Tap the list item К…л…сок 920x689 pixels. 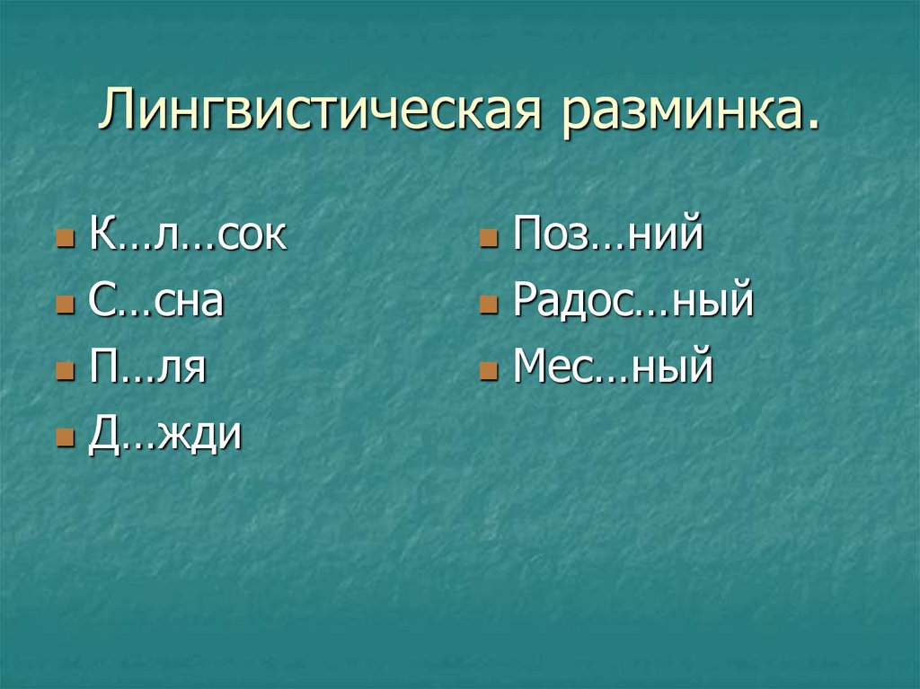tap(188, 235)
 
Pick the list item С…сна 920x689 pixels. tap(155, 302)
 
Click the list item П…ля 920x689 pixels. tap(148, 369)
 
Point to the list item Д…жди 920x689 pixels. tap(164, 436)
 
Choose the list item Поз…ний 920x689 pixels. tap(606, 235)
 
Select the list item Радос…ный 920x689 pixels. tap(632, 302)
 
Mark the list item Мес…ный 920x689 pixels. tap(613, 369)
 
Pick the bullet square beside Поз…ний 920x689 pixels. tap(486, 240)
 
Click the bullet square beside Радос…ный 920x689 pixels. tap(486, 306)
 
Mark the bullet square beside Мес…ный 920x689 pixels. tap(486, 373)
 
